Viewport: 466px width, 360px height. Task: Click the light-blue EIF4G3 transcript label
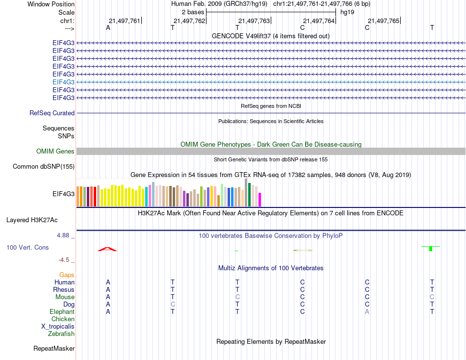63,82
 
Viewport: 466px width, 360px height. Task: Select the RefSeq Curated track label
52,113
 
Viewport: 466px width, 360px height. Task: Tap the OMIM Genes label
55,152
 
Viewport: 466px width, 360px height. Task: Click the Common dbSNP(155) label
44,167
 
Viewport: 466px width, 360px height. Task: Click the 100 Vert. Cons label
27,248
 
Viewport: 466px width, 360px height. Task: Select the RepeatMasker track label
54,349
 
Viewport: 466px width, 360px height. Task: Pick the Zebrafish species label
61,334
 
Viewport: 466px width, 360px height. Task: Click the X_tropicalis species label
58,327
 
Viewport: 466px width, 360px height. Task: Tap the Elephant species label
62,312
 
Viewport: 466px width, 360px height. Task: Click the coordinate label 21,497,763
254,21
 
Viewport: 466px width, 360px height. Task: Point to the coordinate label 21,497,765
384,21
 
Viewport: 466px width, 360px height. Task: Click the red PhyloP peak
107,249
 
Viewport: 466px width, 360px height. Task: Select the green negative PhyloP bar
431,249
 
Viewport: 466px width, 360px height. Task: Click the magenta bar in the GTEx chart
260,200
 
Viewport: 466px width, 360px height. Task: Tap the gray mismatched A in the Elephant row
367,312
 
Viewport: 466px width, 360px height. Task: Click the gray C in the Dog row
173,305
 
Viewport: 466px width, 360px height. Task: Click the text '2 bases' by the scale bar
192,12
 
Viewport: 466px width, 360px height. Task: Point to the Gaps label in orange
67,275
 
